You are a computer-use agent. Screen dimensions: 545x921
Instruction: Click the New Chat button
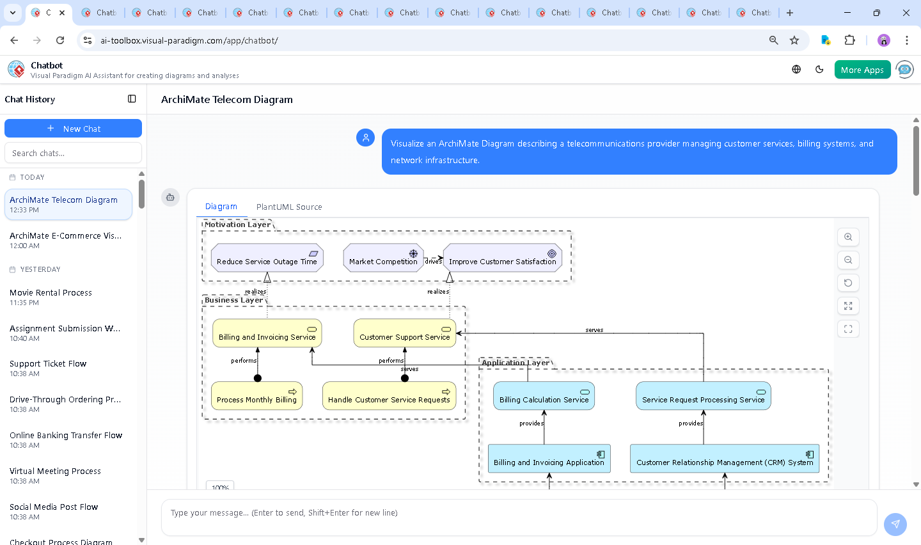pyautogui.click(x=73, y=129)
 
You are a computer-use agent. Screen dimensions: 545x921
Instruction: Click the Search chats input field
pyautogui.click(x=73, y=153)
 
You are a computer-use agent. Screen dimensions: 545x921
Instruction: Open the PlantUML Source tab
pyautogui.click(x=288, y=207)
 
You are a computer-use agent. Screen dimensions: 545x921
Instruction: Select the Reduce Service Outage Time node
pyautogui.click(x=267, y=258)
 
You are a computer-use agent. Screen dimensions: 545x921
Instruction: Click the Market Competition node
pyautogui.click(x=383, y=258)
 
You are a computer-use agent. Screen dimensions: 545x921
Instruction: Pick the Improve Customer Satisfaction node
pyautogui.click(x=502, y=258)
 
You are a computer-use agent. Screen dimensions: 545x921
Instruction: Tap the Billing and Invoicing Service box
pyautogui.click(x=267, y=333)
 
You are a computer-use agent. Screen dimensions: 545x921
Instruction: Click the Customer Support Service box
pyautogui.click(x=404, y=333)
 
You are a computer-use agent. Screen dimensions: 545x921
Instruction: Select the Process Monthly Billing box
pyautogui.click(x=256, y=396)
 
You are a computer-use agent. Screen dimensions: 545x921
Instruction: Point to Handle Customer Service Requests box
pyautogui.click(x=389, y=396)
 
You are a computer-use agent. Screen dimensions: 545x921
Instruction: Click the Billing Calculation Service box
pyautogui.click(x=544, y=396)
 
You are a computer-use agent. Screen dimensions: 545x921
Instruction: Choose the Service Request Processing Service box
pyautogui.click(x=703, y=396)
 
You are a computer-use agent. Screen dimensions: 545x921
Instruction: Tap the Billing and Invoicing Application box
pyautogui.click(x=549, y=459)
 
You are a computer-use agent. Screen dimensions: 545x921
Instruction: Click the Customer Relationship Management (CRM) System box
pyautogui.click(x=724, y=459)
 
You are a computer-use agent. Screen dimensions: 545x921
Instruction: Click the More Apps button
pyautogui.click(x=862, y=70)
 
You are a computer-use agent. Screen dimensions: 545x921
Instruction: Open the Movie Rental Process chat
pyautogui.click(x=51, y=297)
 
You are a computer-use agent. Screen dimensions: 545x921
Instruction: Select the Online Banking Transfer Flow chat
pyautogui.click(x=66, y=439)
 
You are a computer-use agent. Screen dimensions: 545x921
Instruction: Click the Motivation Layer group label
pyautogui.click(x=237, y=225)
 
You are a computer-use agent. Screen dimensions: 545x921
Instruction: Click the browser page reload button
pyautogui.click(x=60, y=40)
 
